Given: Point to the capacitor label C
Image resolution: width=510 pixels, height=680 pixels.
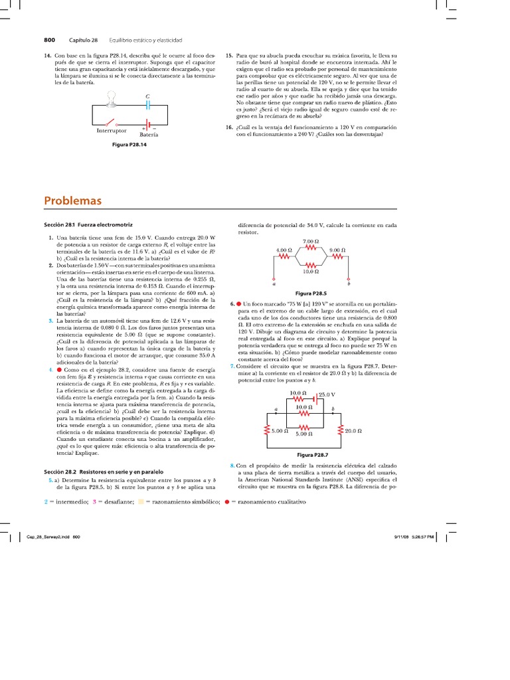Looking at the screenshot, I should (x=147, y=97).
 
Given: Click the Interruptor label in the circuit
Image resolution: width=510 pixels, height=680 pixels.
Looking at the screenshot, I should (x=112, y=131).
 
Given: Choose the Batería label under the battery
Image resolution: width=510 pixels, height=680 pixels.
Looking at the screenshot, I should (x=149, y=134).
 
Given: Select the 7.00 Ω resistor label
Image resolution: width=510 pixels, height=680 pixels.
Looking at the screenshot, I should (x=311, y=241).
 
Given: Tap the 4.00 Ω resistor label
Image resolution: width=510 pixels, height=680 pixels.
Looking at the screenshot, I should (x=284, y=250).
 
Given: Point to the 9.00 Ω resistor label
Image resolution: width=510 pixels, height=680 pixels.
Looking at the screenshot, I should (x=338, y=250).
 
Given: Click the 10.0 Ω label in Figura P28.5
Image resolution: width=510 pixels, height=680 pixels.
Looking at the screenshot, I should (x=311, y=271).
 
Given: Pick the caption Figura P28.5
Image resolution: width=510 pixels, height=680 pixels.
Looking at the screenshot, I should (x=310, y=293).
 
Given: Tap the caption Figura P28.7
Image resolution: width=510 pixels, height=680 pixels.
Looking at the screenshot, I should (x=310, y=455).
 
